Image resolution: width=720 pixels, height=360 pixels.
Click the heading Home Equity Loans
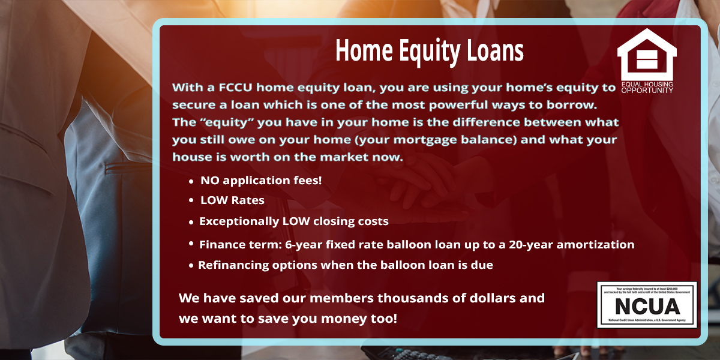pyautogui.click(x=429, y=51)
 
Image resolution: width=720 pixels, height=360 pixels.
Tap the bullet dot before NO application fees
pyautogui.click(x=191, y=181)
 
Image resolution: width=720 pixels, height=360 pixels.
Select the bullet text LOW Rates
pyautogui.click(x=232, y=200)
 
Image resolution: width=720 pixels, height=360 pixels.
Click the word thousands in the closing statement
pyautogui.click(x=409, y=298)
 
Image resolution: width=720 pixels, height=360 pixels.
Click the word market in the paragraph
pyautogui.click(x=339, y=157)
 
